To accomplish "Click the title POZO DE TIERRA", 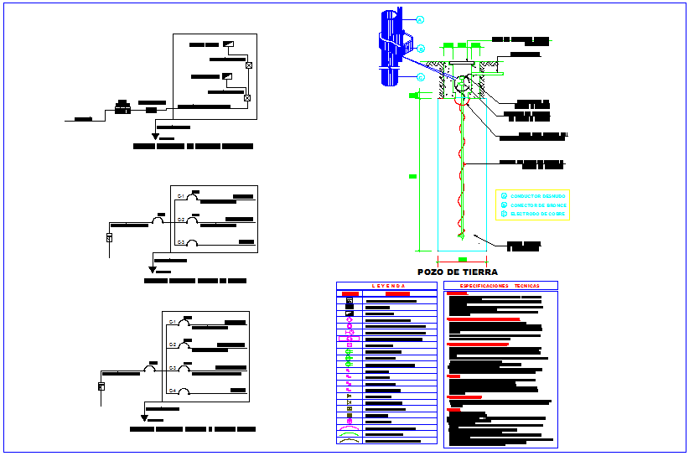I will pyautogui.click(x=458, y=272).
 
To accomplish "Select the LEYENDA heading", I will pyautogui.click(x=386, y=286).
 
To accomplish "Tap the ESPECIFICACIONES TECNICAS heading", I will pyautogui.click(x=500, y=286).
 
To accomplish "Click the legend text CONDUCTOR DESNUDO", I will pyautogui.click(x=537, y=196).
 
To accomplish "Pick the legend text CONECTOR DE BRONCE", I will pyautogui.click(x=538, y=205).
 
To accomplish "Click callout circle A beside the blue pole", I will pyautogui.click(x=420, y=18).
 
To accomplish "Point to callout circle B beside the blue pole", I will pyautogui.click(x=421, y=48).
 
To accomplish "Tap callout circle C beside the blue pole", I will pyautogui.click(x=421, y=77).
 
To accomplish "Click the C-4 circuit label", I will pyautogui.click(x=172, y=391).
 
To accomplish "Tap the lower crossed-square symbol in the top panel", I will pyautogui.click(x=247, y=98).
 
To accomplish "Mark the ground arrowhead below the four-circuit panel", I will pyautogui.click(x=144, y=417).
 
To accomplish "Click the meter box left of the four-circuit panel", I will pyautogui.click(x=101, y=386).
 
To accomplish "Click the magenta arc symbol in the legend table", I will pyautogui.click(x=350, y=428).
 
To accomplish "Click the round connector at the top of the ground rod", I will pyautogui.click(x=463, y=85).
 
